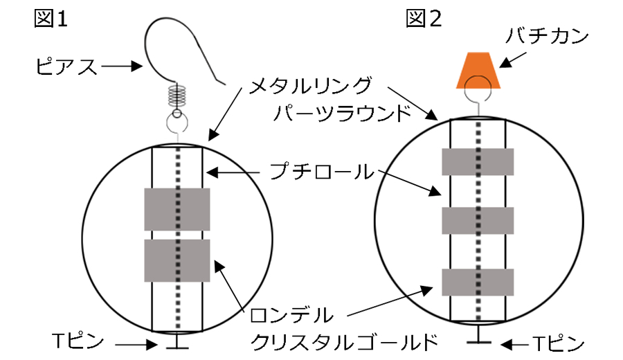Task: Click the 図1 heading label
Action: coord(51,19)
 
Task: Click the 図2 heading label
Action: coord(422,19)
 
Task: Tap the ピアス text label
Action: coord(66,67)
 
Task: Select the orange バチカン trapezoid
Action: coord(478,69)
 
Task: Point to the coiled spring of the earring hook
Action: coord(177,96)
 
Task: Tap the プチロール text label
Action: coord(322,172)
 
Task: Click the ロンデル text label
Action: coord(291,315)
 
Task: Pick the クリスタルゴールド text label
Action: coord(344,341)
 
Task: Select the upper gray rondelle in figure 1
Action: coord(177,209)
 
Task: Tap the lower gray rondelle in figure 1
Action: coord(177,260)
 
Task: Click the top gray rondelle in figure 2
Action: coord(478,161)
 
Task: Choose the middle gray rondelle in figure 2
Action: coord(478,221)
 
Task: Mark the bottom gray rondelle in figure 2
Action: coord(478,282)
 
